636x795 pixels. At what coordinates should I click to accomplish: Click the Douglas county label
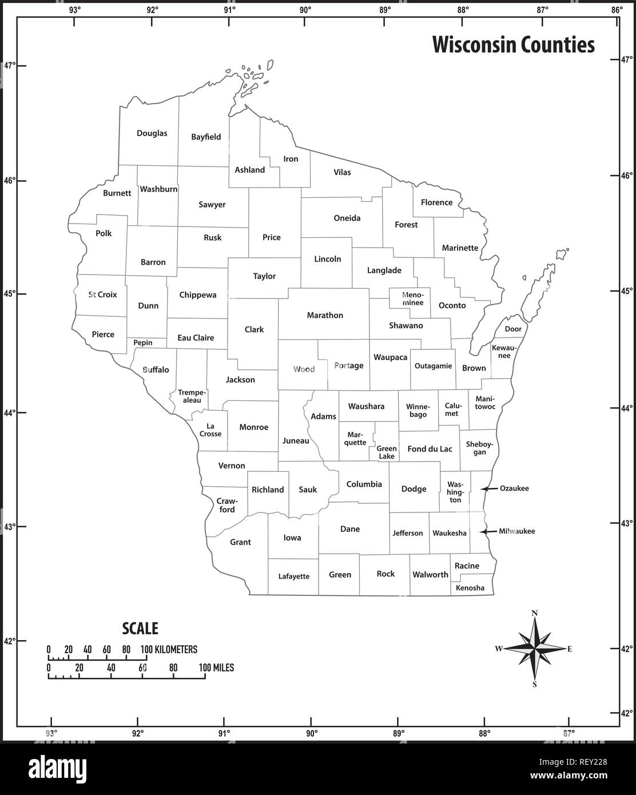152,133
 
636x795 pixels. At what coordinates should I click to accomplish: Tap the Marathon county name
325,315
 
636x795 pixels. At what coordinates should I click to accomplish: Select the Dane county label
350,529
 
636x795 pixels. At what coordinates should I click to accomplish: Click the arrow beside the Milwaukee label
487,531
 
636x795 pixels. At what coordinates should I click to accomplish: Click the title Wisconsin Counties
513,45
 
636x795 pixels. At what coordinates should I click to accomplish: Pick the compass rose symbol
535,649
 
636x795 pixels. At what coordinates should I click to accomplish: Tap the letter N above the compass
535,613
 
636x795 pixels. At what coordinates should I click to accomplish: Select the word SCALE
140,628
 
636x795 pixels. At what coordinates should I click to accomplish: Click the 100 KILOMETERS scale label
169,649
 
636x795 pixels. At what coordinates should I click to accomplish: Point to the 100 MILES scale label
216,667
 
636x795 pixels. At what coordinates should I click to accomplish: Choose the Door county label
513,329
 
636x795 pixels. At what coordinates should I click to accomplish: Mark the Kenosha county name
470,588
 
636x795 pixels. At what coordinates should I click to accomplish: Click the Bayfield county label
206,137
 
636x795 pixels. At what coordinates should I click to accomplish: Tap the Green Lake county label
387,452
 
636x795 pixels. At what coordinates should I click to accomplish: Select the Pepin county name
143,343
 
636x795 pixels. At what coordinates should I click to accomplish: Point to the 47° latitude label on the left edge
10,65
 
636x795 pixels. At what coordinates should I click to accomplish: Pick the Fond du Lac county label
430,449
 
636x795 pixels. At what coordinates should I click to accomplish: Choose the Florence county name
436,202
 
